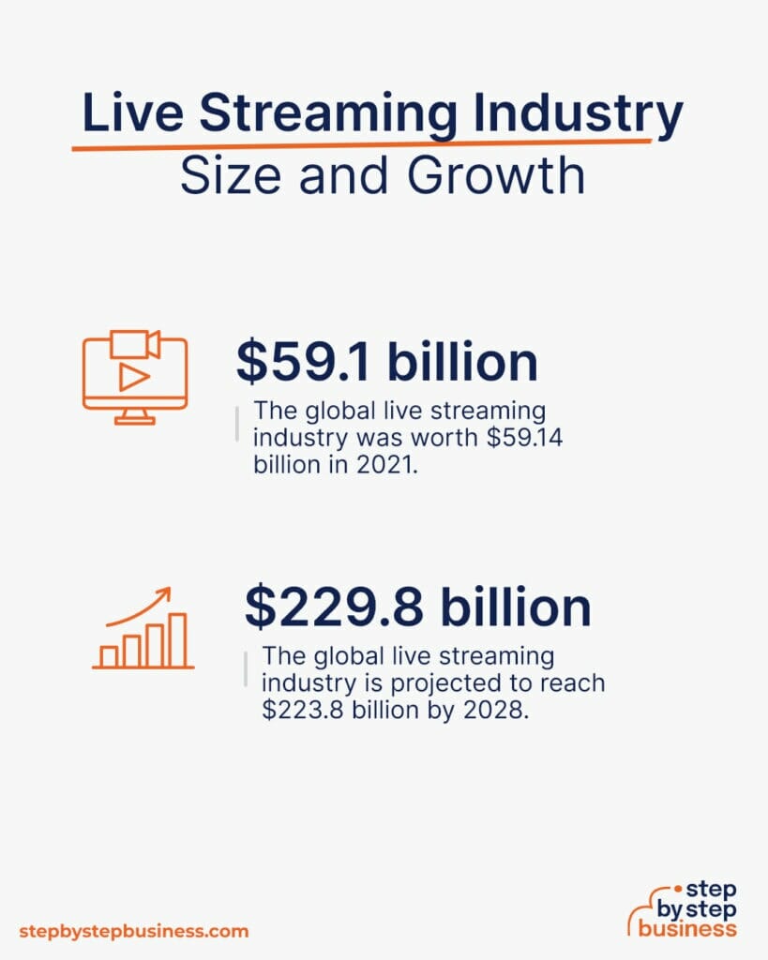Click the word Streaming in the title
coord(329,116)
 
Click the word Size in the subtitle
coord(220,176)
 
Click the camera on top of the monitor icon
coord(134,343)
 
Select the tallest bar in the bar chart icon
coord(177,638)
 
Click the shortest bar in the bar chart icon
coord(109,655)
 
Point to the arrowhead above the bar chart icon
coord(165,592)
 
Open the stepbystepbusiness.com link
coord(134,931)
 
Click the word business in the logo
coord(688,928)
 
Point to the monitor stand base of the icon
coord(134,421)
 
